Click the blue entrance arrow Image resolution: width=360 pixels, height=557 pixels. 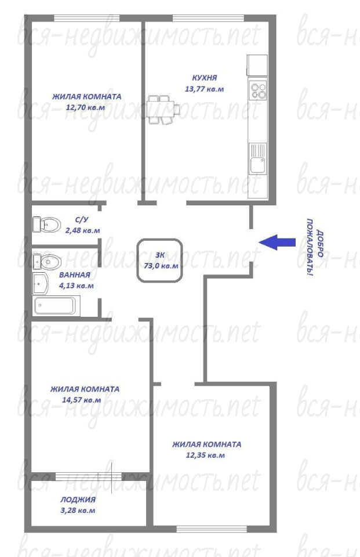click(x=277, y=243)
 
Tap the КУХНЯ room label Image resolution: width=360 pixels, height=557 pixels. click(x=204, y=77)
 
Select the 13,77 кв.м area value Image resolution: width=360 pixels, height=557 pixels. click(x=204, y=89)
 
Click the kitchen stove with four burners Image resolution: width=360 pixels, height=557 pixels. click(x=258, y=91)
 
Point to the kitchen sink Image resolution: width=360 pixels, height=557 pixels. click(x=258, y=158)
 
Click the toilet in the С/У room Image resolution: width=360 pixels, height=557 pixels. click(x=46, y=225)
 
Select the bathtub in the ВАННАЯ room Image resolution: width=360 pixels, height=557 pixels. click(x=56, y=306)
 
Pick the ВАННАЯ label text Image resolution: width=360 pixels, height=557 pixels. click(x=75, y=274)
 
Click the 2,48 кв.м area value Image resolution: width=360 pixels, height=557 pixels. click(x=82, y=230)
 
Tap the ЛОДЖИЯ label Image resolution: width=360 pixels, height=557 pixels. click(x=78, y=500)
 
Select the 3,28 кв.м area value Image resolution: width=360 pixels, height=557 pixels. click(x=78, y=511)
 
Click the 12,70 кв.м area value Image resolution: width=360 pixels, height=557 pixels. click(x=86, y=107)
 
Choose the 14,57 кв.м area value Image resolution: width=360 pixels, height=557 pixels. click(x=81, y=400)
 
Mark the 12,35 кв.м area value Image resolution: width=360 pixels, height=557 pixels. click(x=205, y=455)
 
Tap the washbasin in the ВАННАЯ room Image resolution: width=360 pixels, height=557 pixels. click(x=40, y=283)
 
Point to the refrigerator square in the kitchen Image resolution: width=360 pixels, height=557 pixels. click(x=257, y=66)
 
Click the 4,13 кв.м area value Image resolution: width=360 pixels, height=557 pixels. click(x=76, y=285)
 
